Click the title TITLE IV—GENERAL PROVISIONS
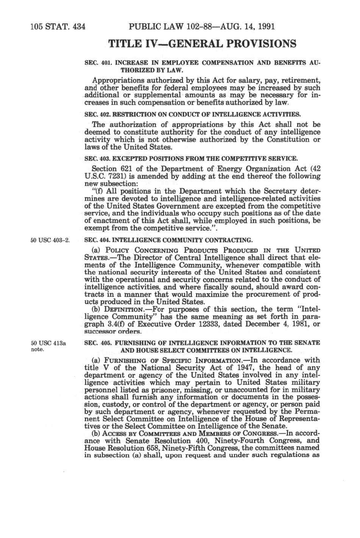pos(202,44)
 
